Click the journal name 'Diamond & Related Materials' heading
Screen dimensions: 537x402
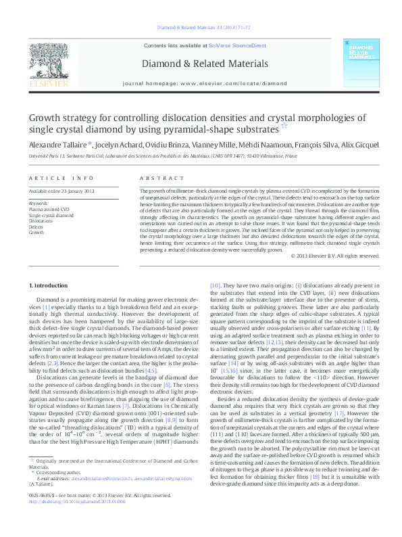201,64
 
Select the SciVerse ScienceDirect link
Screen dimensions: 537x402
229,45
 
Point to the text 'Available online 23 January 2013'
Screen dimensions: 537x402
56,191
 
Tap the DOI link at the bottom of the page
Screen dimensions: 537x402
64,526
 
